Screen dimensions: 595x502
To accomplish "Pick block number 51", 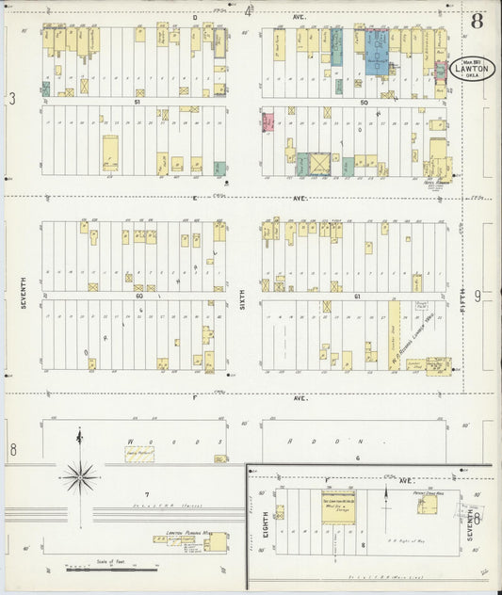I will click(x=137, y=103).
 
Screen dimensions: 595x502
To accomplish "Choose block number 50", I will click(x=364, y=103).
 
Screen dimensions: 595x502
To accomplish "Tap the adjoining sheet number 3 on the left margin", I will click(x=12, y=98).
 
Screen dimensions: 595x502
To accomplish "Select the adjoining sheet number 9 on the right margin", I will click(x=478, y=297).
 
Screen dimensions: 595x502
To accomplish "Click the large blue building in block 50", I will click(x=378, y=53).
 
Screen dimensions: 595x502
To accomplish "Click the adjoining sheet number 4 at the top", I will click(x=249, y=11).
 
